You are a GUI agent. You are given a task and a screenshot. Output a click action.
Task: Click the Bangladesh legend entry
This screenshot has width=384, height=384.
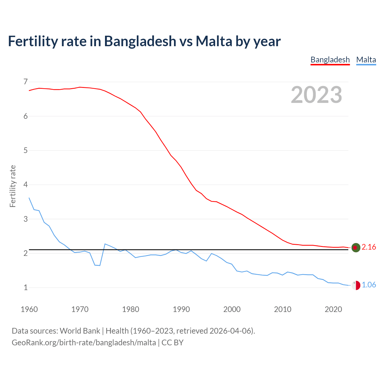(330, 60)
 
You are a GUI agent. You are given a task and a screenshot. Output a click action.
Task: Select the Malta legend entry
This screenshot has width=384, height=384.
(366, 60)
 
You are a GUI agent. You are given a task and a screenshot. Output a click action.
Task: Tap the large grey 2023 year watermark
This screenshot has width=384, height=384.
(316, 95)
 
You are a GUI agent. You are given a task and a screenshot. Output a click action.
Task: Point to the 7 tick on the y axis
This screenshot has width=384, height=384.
(25, 82)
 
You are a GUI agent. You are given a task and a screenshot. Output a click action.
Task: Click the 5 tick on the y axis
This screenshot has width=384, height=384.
(25, 150)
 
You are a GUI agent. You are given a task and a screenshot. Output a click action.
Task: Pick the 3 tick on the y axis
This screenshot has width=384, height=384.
(25, 219)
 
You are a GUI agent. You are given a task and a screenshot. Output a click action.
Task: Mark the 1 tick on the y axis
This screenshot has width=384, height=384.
(25, 287)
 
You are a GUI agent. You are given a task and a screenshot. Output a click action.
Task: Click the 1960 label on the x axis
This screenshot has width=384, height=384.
(29, 309)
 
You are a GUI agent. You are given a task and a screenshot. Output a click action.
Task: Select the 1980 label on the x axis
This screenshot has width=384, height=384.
(130, 309)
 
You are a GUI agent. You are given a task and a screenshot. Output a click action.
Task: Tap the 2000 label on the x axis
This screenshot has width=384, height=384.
(232, 309)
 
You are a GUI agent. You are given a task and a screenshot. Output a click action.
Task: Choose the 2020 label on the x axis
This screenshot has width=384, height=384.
(333, 309)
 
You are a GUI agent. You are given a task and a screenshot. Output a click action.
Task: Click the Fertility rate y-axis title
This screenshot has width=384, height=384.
(13, 186)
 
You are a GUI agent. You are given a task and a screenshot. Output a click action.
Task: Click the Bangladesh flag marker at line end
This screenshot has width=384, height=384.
(356, 247)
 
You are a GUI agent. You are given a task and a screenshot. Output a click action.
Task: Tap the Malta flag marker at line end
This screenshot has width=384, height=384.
(356, 285)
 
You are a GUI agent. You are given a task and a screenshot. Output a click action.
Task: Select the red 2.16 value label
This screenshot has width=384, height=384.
(369, 247)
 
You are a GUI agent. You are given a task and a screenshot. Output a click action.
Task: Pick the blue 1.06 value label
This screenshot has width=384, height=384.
(369, 285)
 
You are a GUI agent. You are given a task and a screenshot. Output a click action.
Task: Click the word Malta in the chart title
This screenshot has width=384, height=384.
(214, 41)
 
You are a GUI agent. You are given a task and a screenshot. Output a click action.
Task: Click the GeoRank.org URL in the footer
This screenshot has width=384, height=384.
(84, 343)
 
